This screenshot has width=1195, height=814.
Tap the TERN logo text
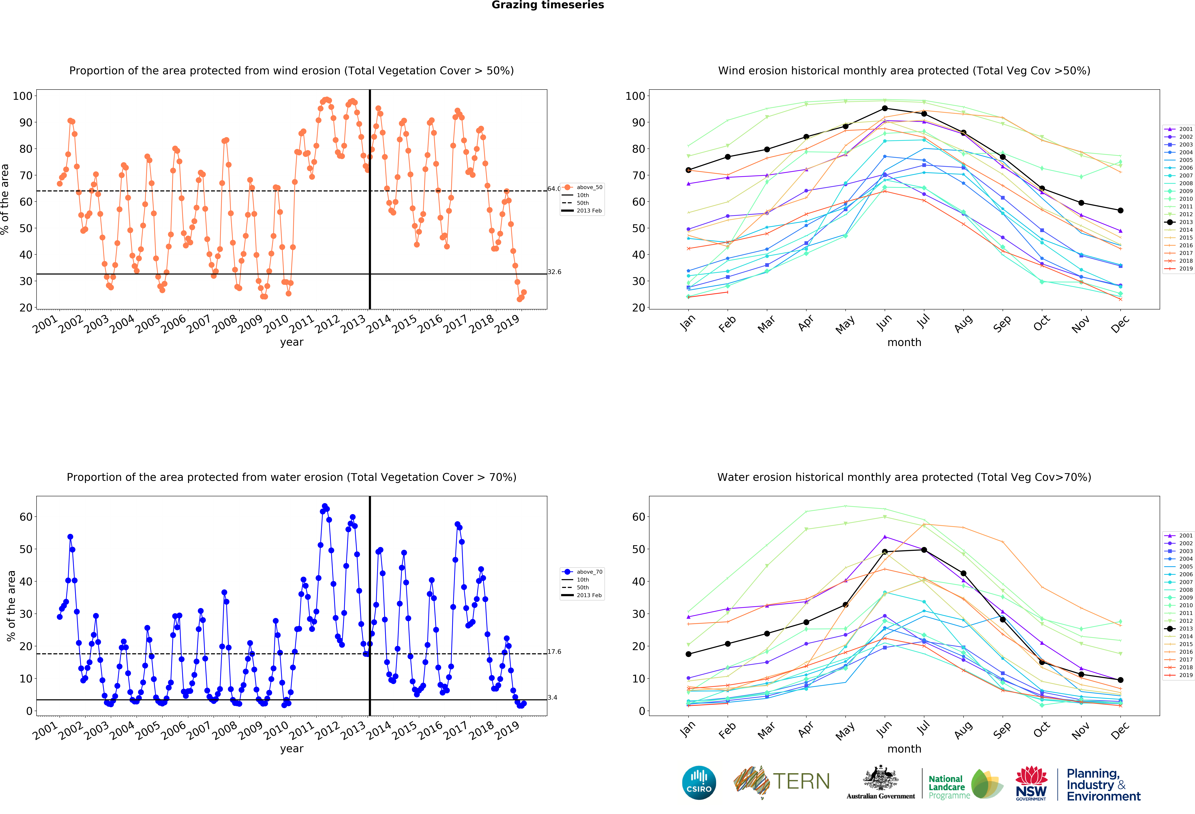click(801, 782)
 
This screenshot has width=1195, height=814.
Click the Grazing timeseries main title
click(548, 5)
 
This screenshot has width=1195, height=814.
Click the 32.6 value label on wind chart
click(554, 272)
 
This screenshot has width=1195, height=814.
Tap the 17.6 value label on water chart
click(554, 652)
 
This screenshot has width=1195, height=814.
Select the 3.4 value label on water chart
click(552, 697)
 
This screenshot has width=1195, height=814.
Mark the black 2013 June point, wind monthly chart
click(884, 108)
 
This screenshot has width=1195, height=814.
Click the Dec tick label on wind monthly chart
click(1120, 324)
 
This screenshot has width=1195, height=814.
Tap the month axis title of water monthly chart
click(904, 749)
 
